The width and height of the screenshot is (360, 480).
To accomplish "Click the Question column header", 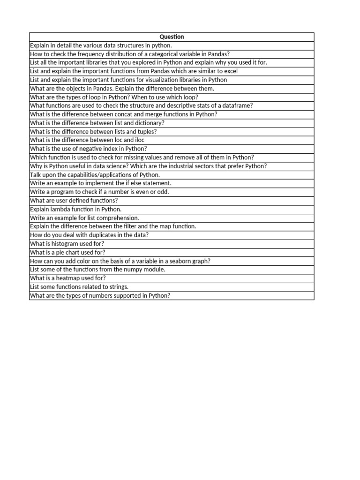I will coord(172,37).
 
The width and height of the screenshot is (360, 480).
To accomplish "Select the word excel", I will coord(230,71).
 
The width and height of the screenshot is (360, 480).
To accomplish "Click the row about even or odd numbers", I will coord(99,192).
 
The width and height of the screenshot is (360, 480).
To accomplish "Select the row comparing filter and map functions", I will coord(113,226).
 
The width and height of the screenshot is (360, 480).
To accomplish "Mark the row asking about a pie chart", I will coord(67,252).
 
